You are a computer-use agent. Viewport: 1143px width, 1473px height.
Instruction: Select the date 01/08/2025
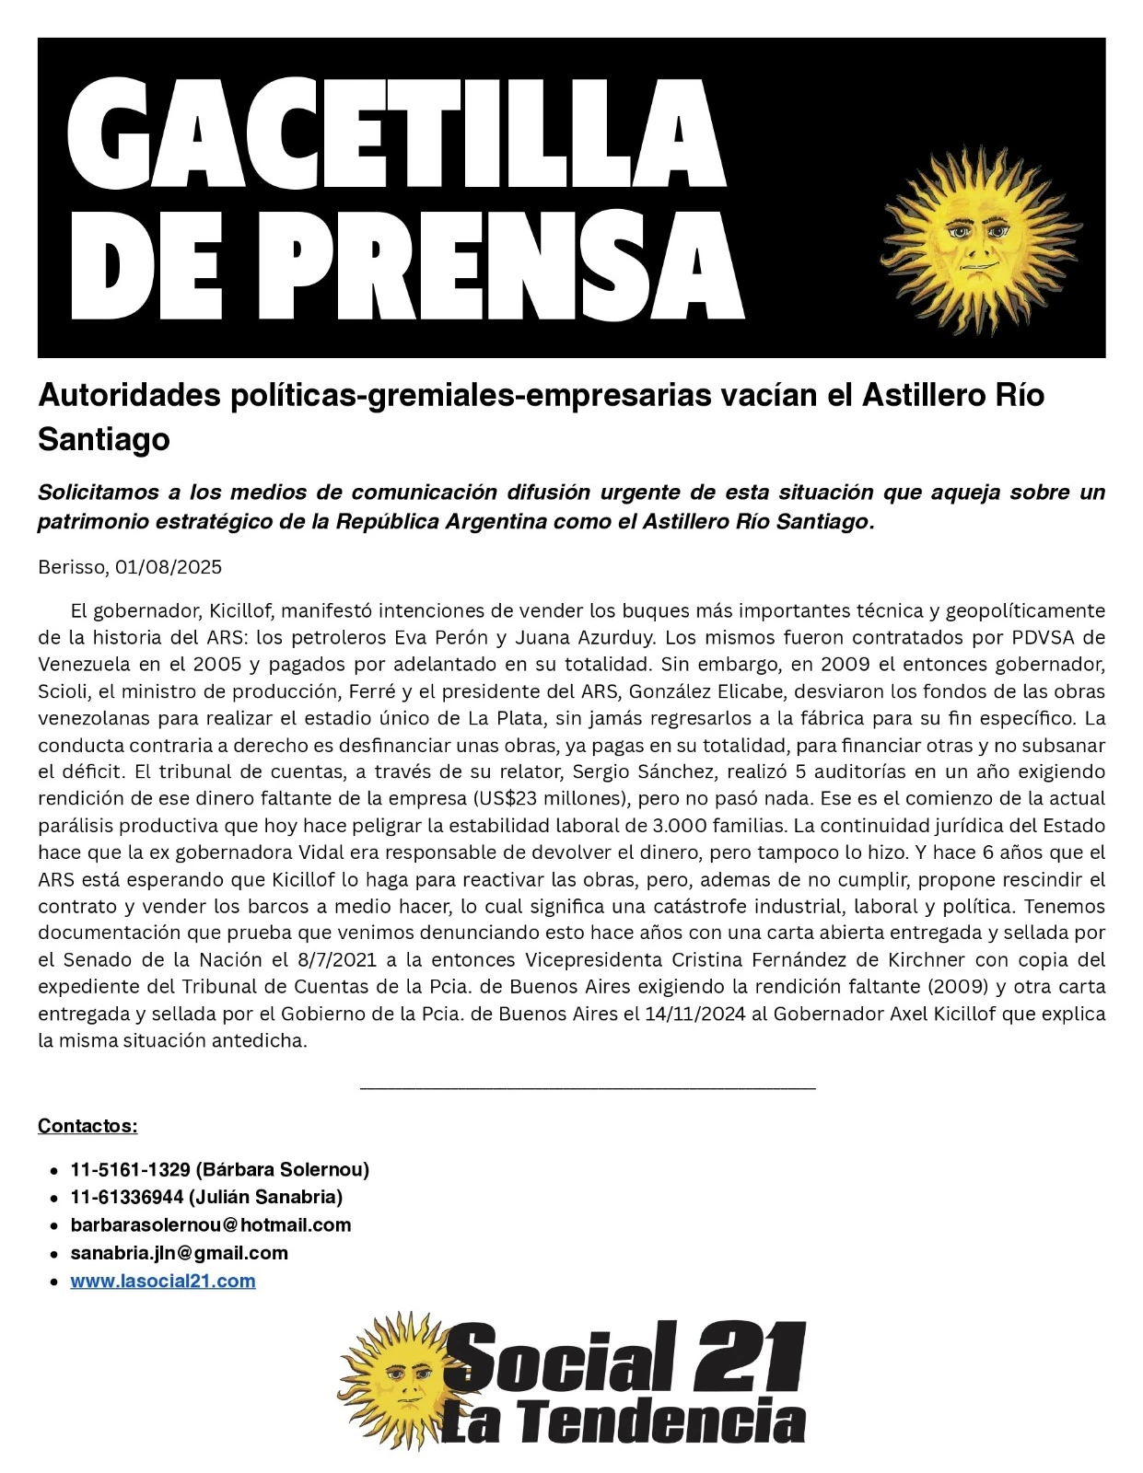pyautogui.click(x=169, y=567)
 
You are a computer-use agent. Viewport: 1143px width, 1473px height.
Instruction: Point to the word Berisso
pyautogui.click(x=72, y=567)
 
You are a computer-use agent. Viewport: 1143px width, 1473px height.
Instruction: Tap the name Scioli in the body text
pyautogui.click(x=62, y=691)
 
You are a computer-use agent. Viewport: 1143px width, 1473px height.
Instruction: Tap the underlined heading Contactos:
pyautogui.click(x=87, y=1125)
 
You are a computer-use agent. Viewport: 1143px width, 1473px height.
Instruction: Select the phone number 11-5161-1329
pyautogui.click(x=130, y=1170)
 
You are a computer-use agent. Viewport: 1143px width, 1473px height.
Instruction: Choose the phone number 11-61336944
pyautogui.click(x=126, y=1197)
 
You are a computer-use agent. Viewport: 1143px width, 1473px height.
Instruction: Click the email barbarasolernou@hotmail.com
pyautogui.click(x=211, y=1225)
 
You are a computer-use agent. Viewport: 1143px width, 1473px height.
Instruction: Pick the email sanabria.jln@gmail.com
pyautogui.click(x=179, y=1253)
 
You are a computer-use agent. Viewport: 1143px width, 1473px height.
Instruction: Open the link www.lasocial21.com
pyautogui.click(x=163, y=1281)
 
